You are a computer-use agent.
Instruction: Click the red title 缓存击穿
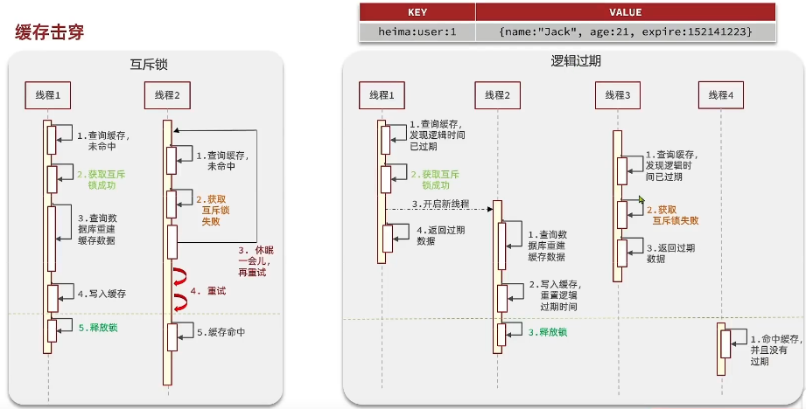50,32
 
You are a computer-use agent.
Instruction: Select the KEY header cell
417,12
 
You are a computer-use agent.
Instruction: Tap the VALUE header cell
625,12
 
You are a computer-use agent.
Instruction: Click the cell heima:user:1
417,31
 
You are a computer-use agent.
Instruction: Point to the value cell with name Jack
625,31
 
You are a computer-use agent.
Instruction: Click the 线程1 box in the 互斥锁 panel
48,94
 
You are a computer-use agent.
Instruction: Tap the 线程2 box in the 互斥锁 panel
166,94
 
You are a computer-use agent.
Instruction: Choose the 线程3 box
617,94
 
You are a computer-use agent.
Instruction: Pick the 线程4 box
720,94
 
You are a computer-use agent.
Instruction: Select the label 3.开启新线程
440,204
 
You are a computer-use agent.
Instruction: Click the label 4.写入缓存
102,295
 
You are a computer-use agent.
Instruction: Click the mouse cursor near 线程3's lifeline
641,200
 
